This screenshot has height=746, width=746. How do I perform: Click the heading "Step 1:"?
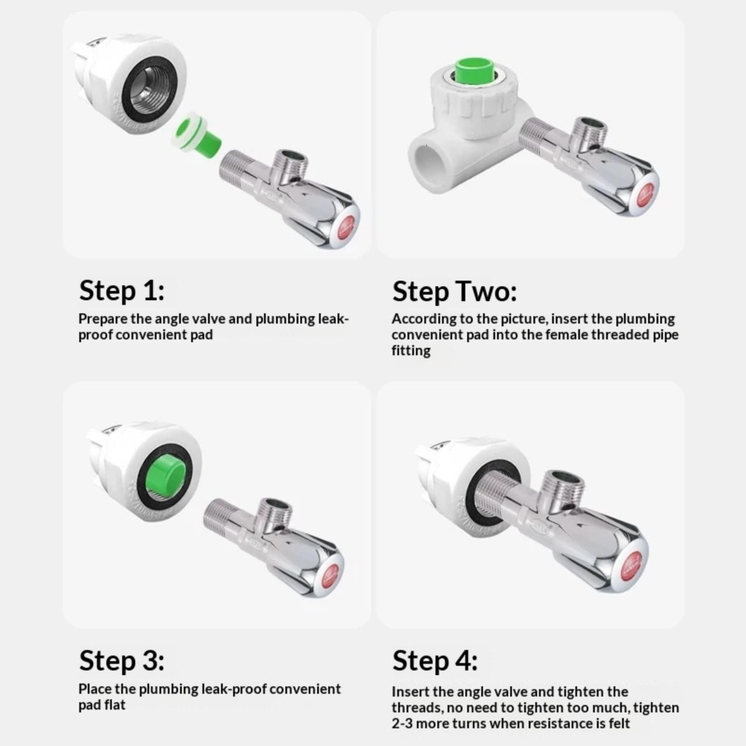(x=122, y=291)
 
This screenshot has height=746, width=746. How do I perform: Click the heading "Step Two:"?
(x=455, y=292)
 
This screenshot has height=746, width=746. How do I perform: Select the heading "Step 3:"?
(x=122, y=661)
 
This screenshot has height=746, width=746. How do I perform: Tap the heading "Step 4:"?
(x=435, y=661)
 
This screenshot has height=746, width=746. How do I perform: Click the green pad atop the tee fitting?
(x=472, y=71)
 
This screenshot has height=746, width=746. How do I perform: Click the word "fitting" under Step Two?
(x=411, y=351)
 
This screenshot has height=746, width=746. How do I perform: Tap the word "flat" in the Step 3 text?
(x=114, y=705)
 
